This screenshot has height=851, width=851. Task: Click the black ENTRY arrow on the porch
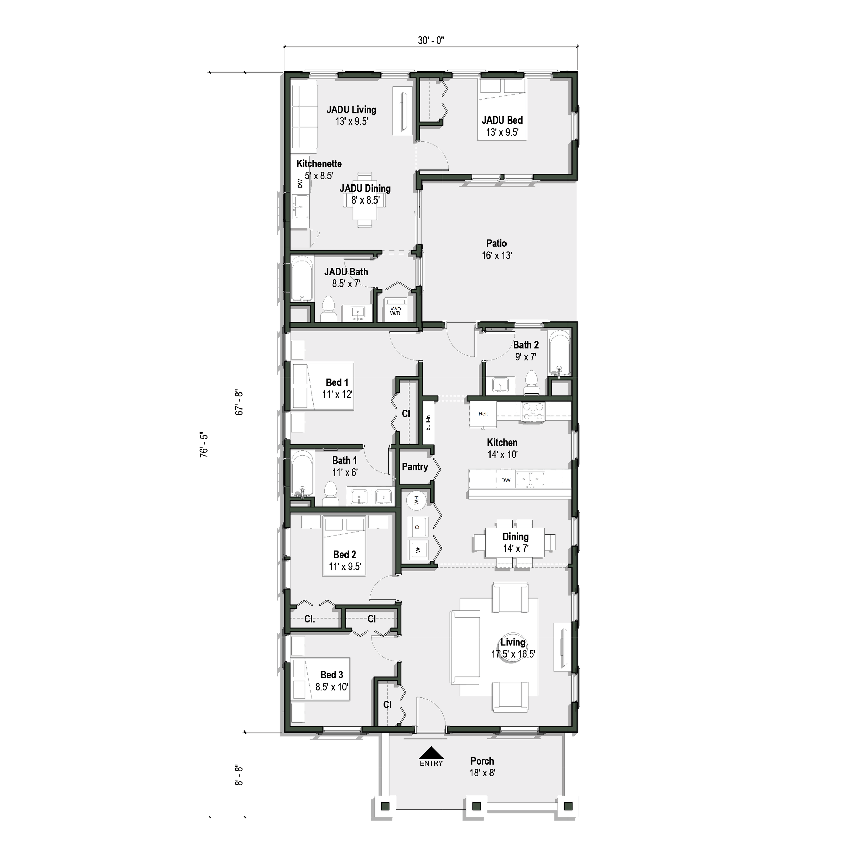point(431,753)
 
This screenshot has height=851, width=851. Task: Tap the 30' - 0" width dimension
point(431,41)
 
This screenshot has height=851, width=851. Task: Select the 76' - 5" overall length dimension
point(204,445)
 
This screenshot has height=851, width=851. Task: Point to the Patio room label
point(496,244)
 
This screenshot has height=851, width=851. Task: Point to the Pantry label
point(415,467)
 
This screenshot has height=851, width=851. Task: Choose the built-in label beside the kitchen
point(428,422)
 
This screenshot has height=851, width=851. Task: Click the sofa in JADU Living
point(304,117)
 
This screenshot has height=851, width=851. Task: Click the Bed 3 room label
point(332,675)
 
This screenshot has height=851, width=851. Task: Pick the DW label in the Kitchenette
point(300,183)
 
